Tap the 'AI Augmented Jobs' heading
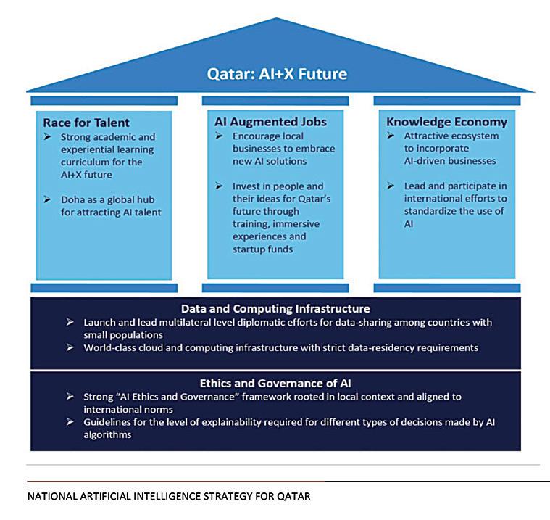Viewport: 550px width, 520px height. tap(260, 121)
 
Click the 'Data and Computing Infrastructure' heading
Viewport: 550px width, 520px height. tap(275, 309)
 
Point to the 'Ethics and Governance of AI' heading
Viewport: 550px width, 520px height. tap(275, 383)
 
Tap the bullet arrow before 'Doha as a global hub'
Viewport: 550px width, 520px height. tap(49, 199)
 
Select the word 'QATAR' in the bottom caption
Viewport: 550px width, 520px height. tap(290, 498)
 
